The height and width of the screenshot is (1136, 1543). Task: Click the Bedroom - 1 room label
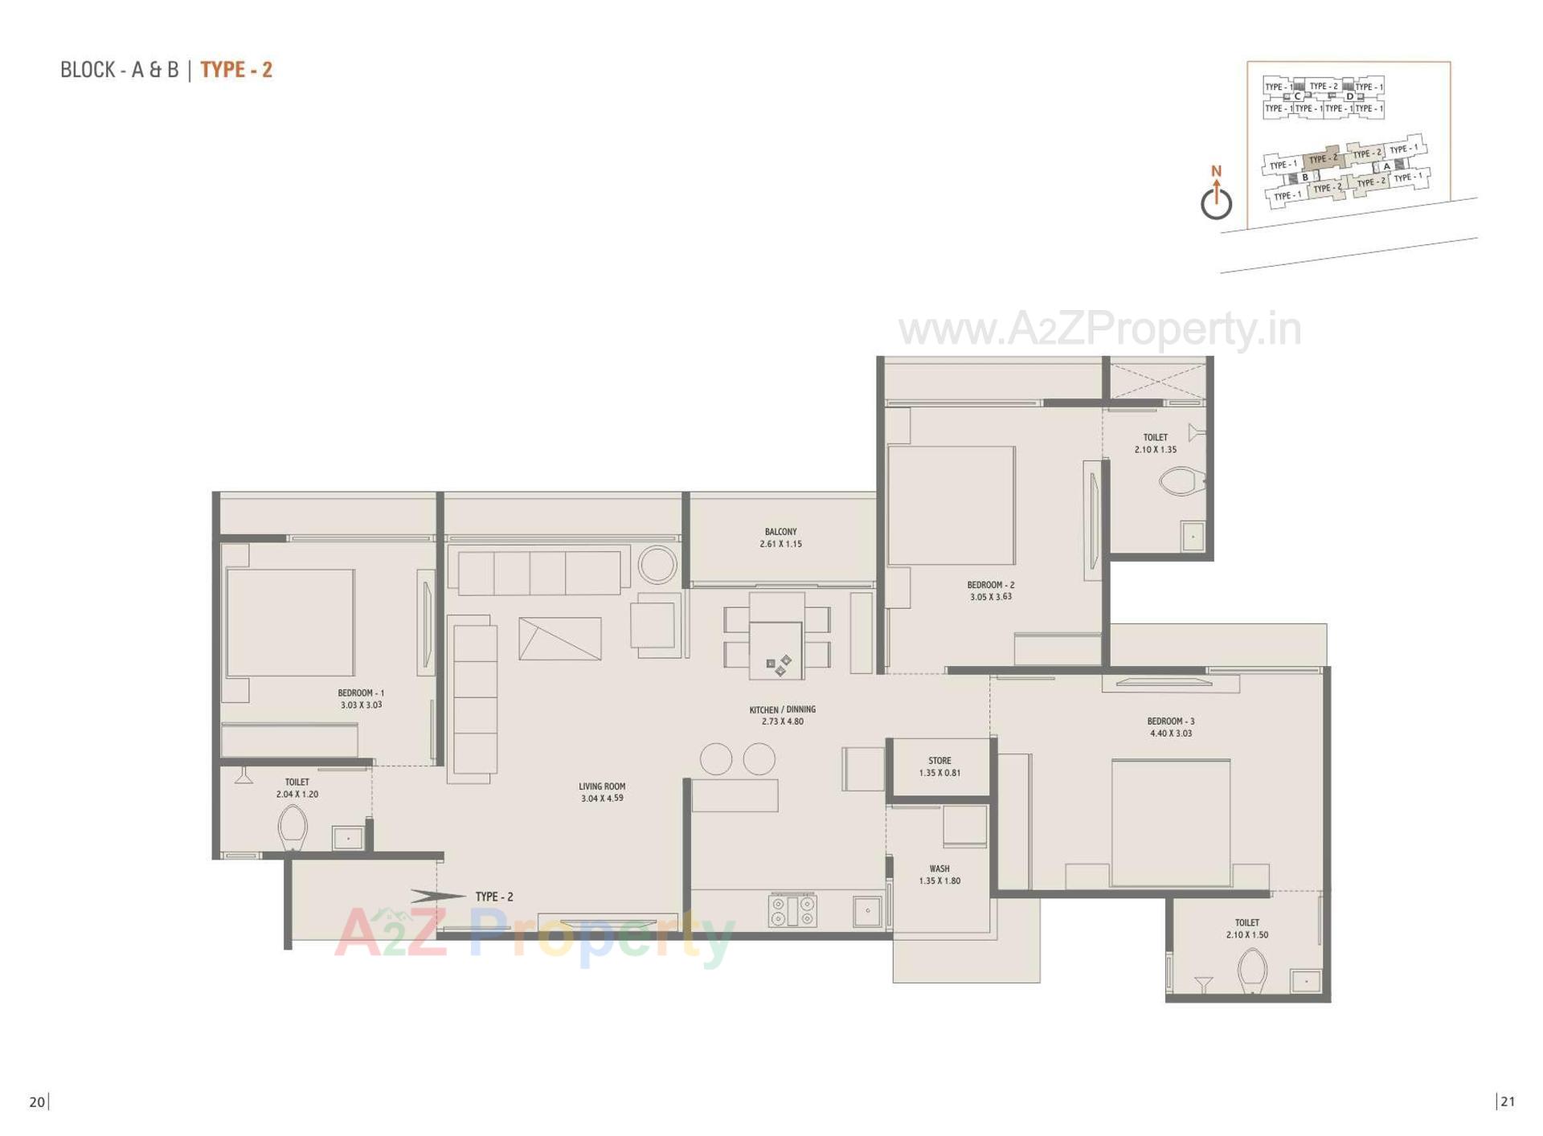(361, 698)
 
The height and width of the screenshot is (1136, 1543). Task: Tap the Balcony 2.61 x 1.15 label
(780, 537)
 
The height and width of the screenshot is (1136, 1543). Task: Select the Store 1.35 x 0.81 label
(939, 766)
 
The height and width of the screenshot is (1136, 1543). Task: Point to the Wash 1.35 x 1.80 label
(939, 874)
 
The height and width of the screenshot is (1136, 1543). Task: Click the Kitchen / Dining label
(782, 715)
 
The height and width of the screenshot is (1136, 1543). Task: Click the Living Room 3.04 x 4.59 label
(602, 792)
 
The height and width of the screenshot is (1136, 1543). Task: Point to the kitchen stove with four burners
(792, 910)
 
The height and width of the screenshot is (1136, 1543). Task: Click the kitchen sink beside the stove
(867, 911)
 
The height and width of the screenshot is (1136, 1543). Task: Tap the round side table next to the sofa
(657, 564)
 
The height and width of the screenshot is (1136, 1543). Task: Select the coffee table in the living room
(560, 639)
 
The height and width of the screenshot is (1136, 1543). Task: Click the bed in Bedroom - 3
(1170, 822)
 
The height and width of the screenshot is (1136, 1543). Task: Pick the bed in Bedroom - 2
(952, 505)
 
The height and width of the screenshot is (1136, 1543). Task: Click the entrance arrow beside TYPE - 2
(437, 895)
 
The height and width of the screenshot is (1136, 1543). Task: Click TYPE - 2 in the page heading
(236, 70)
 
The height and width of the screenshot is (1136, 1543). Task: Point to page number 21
(1507, 1101)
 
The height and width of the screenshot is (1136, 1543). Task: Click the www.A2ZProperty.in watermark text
(1099, 329)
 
